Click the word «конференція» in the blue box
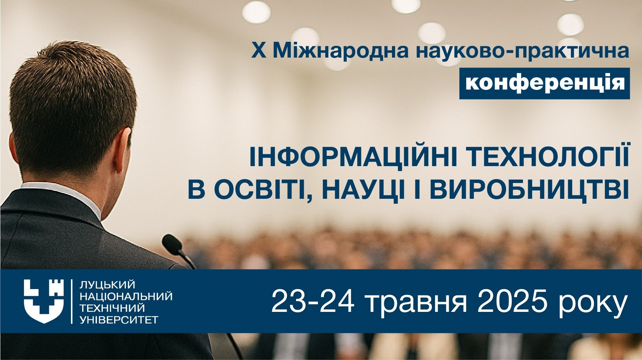pos(545,83)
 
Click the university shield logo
pos(44,301)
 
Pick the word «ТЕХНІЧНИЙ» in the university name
pos(112,308)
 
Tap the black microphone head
pos(172,244)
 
